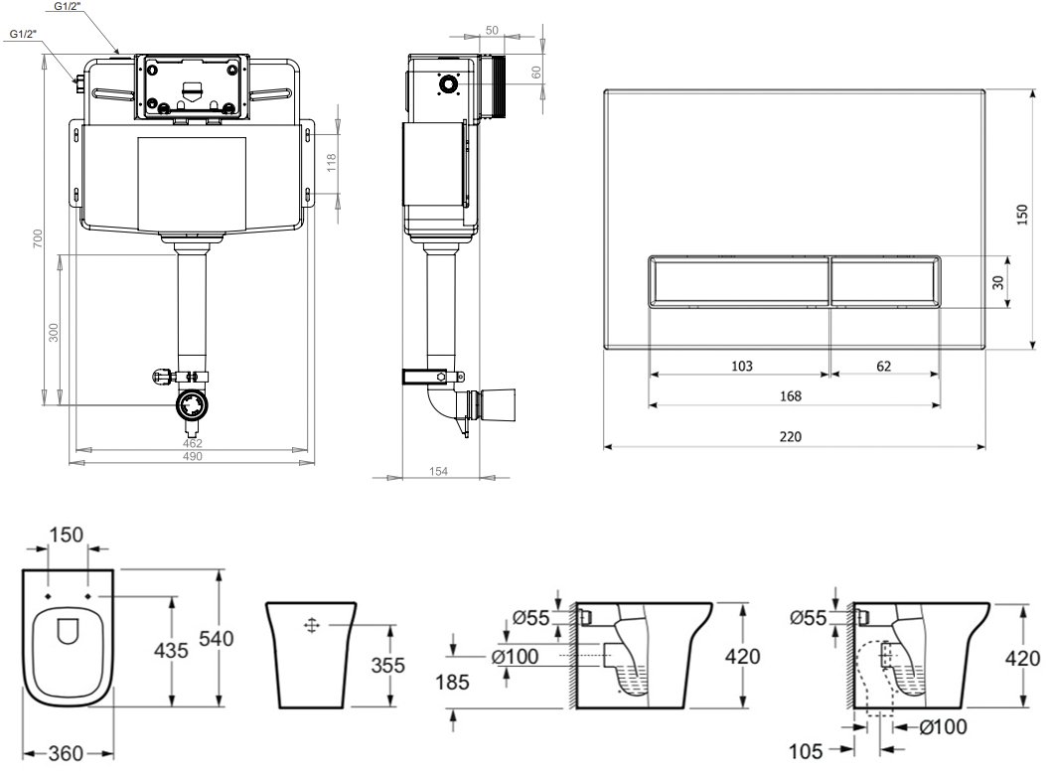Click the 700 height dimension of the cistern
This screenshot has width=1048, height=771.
tap(38, 238)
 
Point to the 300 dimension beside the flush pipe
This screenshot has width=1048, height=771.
tap(54, 332)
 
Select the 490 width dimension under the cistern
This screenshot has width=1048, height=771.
tap(193, 457)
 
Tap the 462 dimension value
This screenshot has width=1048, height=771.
tap(193, 443)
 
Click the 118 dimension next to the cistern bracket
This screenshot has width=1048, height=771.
tap(332, 163)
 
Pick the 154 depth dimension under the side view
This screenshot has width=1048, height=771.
tap(438, 471)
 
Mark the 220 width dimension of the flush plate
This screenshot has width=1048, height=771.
tap(791, 436)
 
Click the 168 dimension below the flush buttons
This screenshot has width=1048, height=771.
tap(791, 396)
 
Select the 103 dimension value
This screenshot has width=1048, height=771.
tap(742, 367)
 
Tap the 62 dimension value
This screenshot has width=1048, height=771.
tap(883, 367)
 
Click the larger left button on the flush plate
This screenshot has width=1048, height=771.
tap(738, 281)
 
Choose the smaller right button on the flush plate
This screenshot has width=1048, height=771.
tap(885, 281)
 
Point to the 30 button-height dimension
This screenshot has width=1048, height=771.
tap(998, 282)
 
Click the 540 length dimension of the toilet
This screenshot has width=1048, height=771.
tap(217, 638)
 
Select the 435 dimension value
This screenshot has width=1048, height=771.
tap(171, 650)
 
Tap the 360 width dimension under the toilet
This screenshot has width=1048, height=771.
tap(67, 754)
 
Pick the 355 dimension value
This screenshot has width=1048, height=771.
tap(387, 665)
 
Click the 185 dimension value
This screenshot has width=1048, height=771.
tap(453, 682)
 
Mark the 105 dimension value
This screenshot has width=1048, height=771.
tap(806, 751)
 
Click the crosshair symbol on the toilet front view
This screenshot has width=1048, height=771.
tap(312, 626)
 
